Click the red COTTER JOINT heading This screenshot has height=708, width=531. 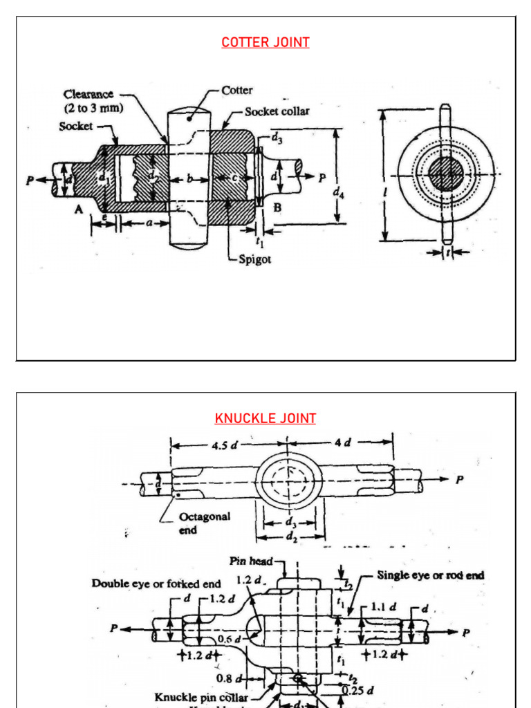click(x=265, y=42)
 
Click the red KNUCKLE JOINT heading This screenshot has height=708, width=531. click(x=265, y=418)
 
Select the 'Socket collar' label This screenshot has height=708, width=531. click(x=277, y=111)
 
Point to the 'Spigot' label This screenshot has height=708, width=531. click(x=254, y=259)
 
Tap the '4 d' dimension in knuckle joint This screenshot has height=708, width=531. click(x=343, y=442)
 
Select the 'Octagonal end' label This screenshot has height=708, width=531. click(x=204, y=523)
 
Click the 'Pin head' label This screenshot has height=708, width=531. click(x=251, y=561)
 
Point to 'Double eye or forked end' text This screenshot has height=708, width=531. click(x=156, y=584)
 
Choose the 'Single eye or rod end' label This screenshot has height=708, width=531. click(x=430, y=575)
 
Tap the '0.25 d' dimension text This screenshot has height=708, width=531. click(x=360, y=689)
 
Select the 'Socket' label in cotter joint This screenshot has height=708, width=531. click(x=75, y=127)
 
